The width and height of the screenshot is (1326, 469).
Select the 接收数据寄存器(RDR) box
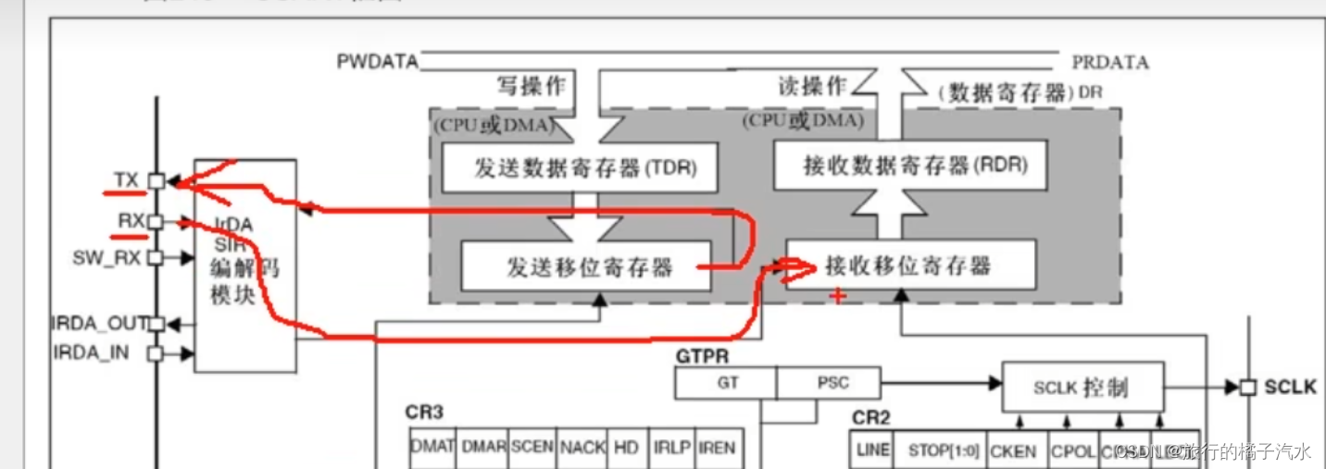pos(910,166)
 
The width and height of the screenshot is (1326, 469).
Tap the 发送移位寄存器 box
pos(586,266)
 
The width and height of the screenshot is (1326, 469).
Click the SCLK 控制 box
pos(1080,387)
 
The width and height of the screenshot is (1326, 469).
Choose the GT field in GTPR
pos(728,383)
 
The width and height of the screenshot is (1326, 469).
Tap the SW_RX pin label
pos(106,257)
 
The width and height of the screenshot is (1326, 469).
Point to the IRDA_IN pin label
pos(92,352)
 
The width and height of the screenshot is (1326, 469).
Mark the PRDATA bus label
pos(1110,62)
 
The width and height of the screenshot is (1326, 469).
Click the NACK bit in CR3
pos(582,448)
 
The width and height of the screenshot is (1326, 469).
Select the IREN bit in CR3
pos(717,448)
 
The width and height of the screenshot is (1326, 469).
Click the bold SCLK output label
pos(1290,387)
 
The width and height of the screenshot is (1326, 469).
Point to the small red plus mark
pos(837,296)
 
